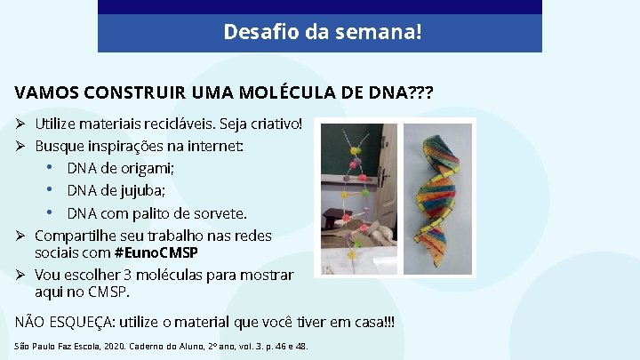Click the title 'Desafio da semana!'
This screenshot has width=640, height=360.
323,33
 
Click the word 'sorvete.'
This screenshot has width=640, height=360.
220,213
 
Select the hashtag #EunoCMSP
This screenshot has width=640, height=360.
156,252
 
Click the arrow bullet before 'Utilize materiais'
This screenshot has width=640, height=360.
22,122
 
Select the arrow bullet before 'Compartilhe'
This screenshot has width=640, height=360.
22,236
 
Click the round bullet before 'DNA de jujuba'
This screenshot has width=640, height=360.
52,190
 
